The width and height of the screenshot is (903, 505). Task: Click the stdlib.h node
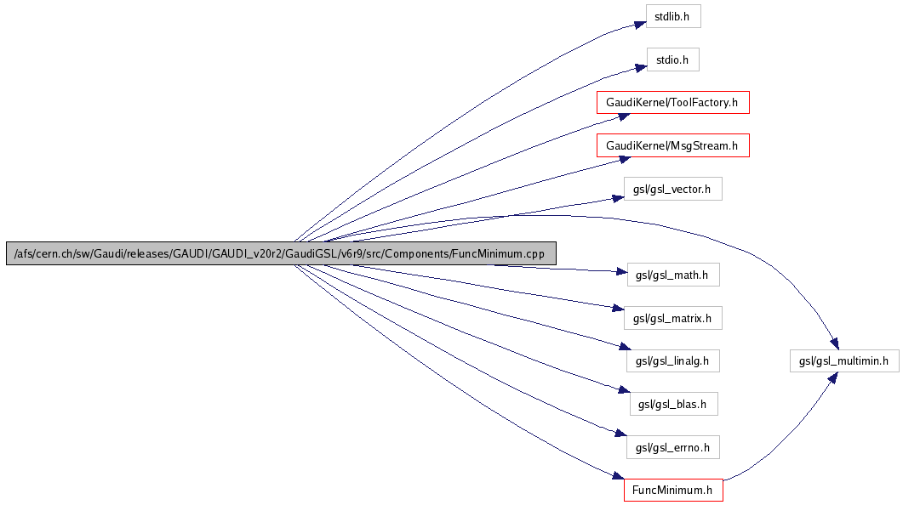pyautogui.click(x=672, y=16)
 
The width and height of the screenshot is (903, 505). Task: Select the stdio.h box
pyautogui.click(x=672, y=60)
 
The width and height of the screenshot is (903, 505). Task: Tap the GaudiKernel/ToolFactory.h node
pyautogui.click(x=672, y=103)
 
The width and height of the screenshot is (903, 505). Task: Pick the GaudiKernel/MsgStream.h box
pyautogui.click(x=672, y=146)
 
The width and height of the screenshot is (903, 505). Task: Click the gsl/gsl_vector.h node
pyautogui.click(x=672, y=189)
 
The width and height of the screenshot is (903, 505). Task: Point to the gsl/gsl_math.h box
pyautogui.click(x=672, y=275)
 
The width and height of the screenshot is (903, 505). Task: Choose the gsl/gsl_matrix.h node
pyautogui.click(x=672, y=319)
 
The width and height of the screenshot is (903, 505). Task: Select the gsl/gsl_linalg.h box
pyautogui.click(x=672, y=360)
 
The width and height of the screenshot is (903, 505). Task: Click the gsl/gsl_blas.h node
pyautogui.click(x=672, y=404)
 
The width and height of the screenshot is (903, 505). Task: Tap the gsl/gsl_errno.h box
pyautogui.click(x=672, y=446)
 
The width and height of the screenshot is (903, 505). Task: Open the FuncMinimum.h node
pyautogui.click(x=672, y=491)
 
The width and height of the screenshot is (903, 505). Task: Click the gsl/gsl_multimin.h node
pyautogui.click(x=843, y=360)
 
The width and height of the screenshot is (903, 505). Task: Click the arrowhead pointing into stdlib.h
pyautogui.click(x=638, y=23)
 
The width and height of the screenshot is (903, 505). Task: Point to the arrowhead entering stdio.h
pyautogui.click(x=638, y=65)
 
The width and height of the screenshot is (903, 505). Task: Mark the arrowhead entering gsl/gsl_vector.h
pyautogui.click(x=619, y=197)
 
